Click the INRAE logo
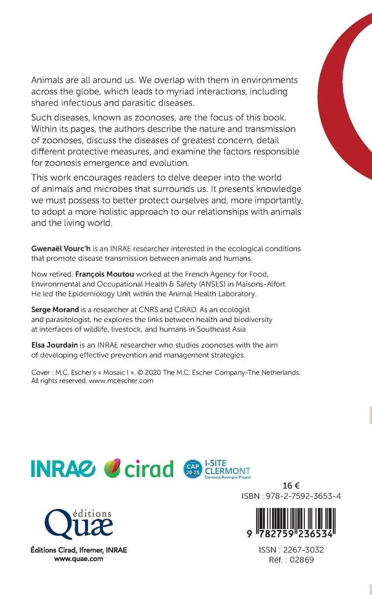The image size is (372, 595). (63, 469)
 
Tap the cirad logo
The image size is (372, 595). (139, 469)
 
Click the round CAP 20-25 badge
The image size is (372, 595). (193, 469)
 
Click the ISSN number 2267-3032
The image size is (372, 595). (304, 550)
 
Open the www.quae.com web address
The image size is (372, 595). (79, 558)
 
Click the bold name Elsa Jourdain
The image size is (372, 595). (54, 345)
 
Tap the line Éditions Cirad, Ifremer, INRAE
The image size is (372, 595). (79, 550)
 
